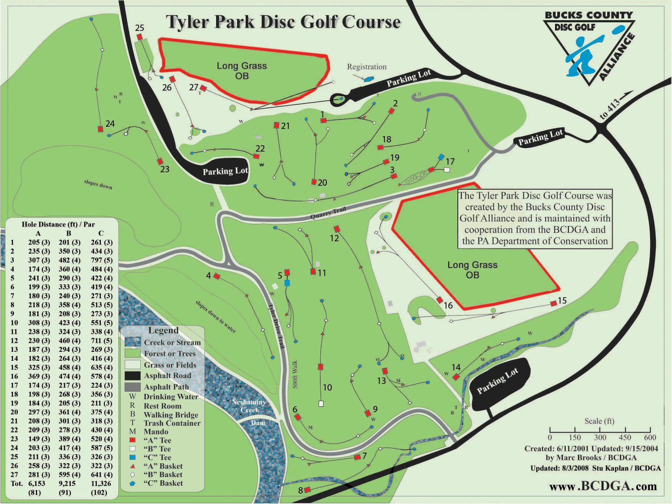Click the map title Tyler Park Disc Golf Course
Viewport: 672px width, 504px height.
pyautogui.click(x=283, y=22)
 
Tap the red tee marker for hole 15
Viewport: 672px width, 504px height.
pyautogui.click(x=554, y=303)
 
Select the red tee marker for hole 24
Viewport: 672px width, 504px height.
pyautogui.click(x=100, y=129)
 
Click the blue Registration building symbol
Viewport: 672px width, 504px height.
pyautogui.click(x=369, y=79)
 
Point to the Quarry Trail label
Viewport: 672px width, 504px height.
pyautogui.click(x=328, y=213)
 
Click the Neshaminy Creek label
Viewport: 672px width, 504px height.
pyautogui.click(x=249, y=406)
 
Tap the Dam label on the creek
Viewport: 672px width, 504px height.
pyautogui.click(x=258, y=423)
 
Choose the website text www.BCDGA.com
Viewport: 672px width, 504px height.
pyautogui.click(x=603, y=486)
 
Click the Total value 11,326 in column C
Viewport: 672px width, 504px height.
pyautogui.click(x=101, y=483)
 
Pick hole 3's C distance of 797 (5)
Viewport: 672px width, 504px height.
pyautogui.click(x=102, y=260)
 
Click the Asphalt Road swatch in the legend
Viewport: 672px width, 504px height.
pyautogui.click(x=133, y=376)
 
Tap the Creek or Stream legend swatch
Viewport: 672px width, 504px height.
pyautogui.click(x=133, y=342)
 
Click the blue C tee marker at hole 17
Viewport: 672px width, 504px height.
pyautogui.click(x=441, y=157)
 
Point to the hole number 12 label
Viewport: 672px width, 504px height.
pyautogui.click(x=334, y=238)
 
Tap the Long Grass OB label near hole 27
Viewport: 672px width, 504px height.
pyautogui.click(x=242, y=71)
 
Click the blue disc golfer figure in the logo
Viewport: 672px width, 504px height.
pyautogui.click(x=583, y=54)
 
